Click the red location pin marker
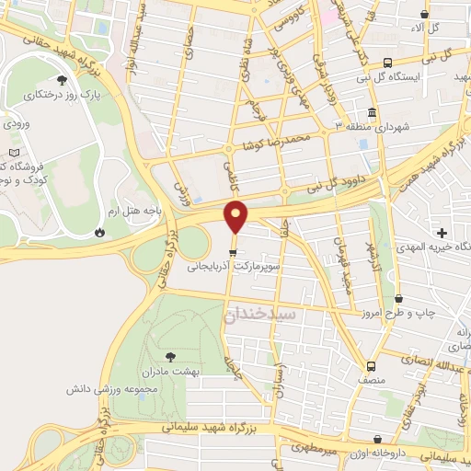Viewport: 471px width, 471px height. (237, 217)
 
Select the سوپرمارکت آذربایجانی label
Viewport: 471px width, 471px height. (234, 266)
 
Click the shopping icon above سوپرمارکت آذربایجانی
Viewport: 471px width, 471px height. (234, 251)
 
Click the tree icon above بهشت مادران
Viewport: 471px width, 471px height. (169, 355)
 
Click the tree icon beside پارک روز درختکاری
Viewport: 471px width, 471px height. (87, 93)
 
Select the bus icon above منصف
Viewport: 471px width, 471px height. (371, 364)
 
